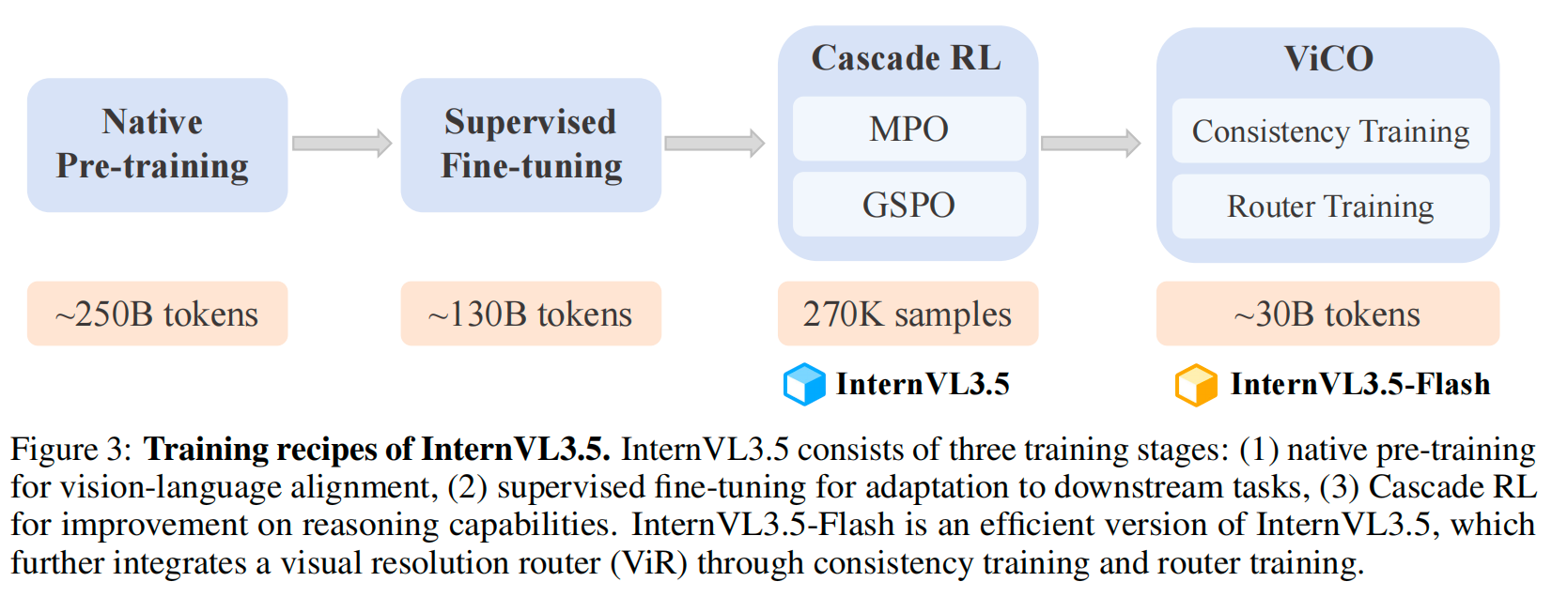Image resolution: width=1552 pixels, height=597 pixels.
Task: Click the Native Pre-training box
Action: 157,145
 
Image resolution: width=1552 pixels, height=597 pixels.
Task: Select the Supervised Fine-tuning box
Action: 531,145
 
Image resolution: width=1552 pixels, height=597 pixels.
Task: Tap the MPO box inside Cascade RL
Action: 908,129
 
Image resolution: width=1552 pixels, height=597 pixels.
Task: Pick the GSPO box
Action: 908,205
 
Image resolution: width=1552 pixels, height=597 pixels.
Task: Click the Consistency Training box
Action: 1330,131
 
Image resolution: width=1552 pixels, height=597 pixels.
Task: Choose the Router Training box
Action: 1330,207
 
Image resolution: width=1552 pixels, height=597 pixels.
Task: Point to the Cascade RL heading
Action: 907,58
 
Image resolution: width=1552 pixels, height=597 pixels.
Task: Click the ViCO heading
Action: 1328,59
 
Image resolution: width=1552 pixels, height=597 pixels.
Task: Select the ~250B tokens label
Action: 157,314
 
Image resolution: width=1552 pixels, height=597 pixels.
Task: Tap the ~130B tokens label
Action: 531,314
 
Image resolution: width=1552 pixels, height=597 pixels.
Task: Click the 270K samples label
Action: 908,314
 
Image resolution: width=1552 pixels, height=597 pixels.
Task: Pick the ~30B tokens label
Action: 1327,314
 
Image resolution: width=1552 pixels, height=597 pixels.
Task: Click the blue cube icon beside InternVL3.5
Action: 804,384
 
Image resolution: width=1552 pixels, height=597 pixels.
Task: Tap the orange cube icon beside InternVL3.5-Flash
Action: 1196,385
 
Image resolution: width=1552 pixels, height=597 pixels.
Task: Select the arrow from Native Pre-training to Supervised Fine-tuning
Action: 342,143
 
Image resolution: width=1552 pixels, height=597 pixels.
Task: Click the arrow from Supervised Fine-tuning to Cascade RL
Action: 715,143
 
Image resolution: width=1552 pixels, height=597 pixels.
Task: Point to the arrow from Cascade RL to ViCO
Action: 1091,143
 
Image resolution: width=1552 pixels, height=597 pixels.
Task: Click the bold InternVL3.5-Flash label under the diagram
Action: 1360,384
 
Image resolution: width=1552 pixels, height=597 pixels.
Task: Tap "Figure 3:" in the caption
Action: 71,450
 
